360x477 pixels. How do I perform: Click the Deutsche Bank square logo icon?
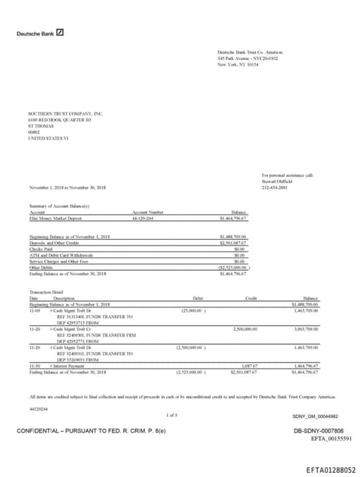click(x=60, y=32)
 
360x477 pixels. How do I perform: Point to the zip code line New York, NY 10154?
click(x=238, y=65)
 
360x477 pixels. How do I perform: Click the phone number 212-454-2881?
click(x=274, y=188)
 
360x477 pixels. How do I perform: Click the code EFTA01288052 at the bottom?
click(x=330, y=469)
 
